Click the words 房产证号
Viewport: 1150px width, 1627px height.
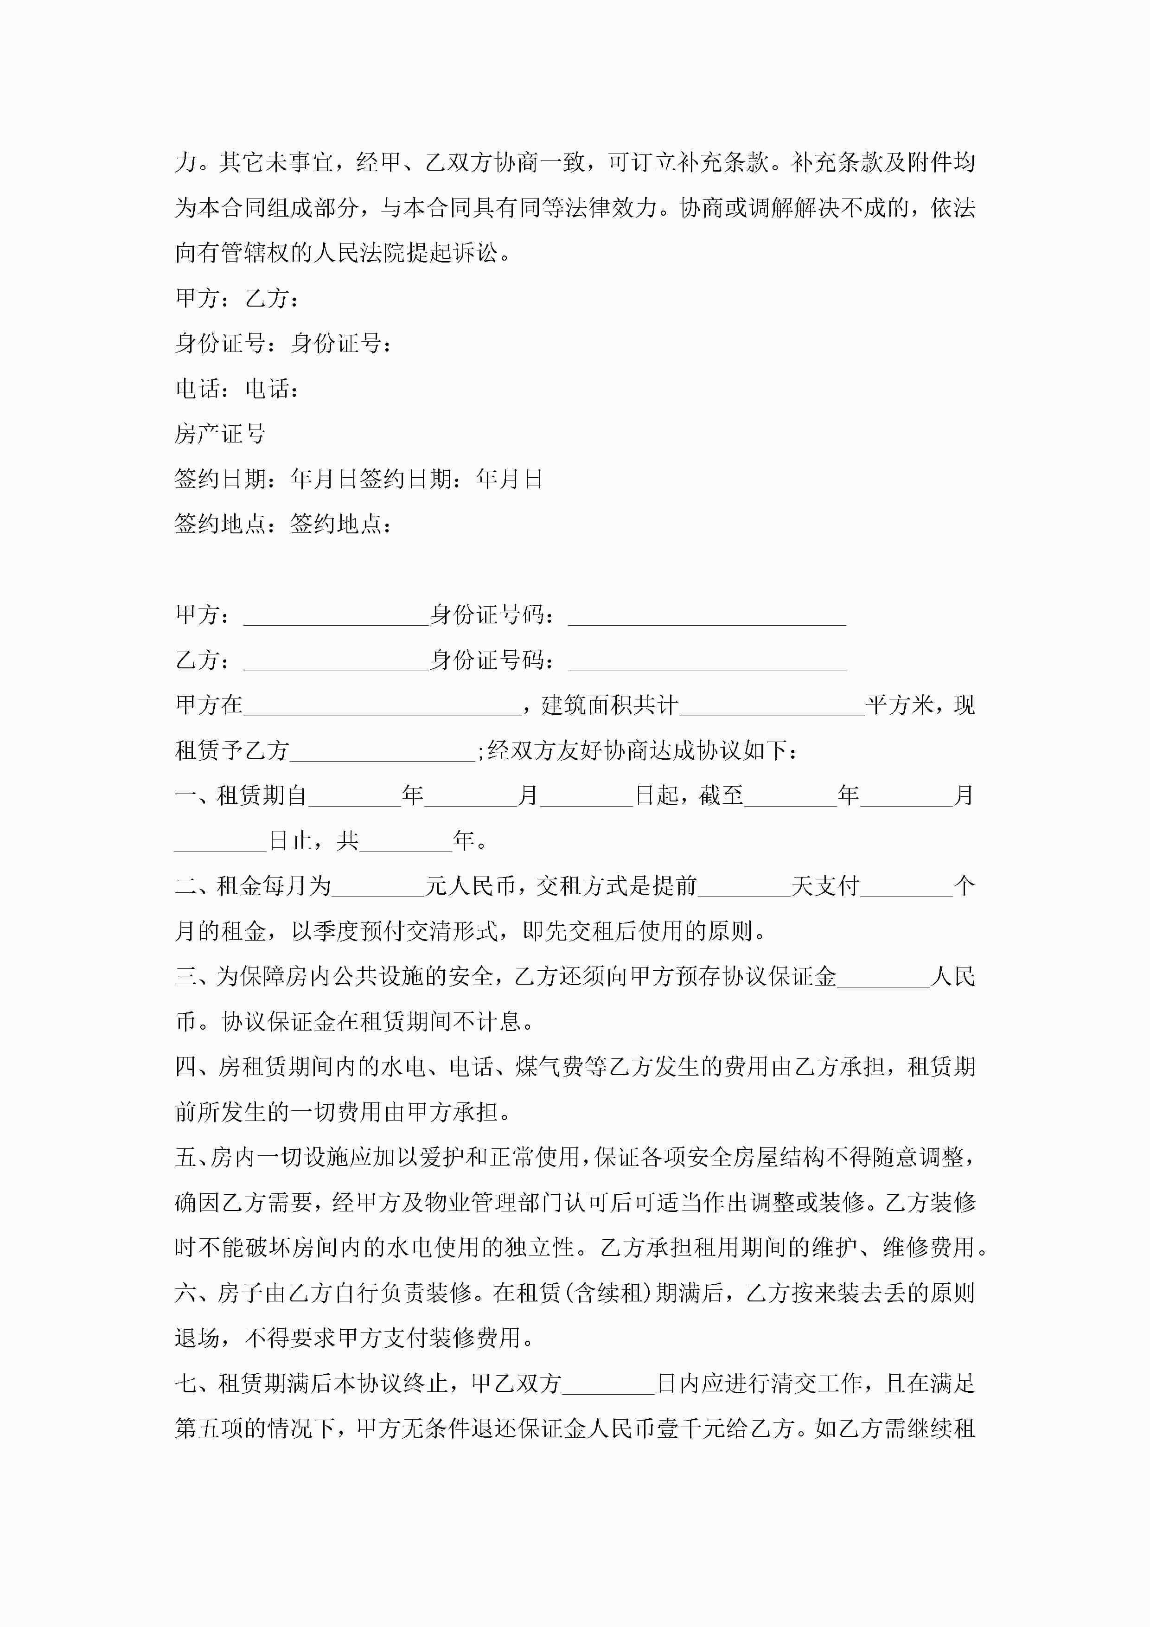click(x=220, y=434)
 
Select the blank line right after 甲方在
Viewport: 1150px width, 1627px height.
click(x=383, y=706)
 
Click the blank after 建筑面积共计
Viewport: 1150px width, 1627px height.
click(x=771, y=706)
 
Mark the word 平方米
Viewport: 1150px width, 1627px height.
click(x=899, y=706)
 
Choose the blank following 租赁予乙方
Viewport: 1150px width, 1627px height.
click(x=383, y=751)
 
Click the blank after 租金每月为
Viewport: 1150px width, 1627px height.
click(x=377, y=886)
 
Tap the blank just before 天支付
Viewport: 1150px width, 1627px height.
click(x=744, y=886)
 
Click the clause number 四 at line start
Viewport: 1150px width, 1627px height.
click(x=185, y=1067)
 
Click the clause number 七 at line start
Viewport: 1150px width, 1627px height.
click(x=185, y=1384)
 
